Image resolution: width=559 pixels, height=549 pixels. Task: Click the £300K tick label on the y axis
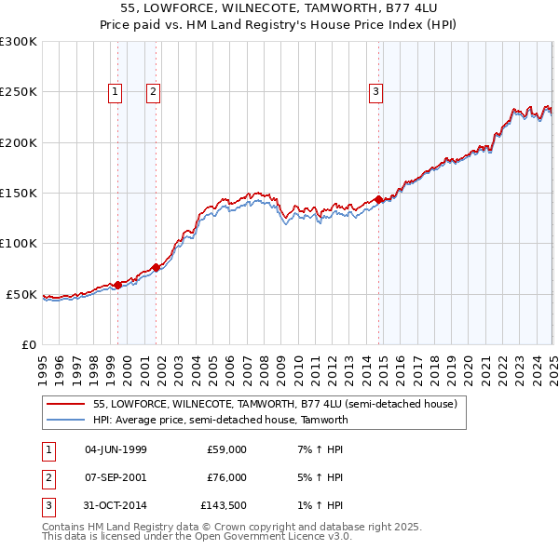click(19, 42)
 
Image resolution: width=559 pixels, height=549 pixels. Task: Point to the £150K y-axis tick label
click(19, 194)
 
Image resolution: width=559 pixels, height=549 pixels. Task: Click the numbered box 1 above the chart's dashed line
click(115, 91)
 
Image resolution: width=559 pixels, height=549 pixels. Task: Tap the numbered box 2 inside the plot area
click(152, 91)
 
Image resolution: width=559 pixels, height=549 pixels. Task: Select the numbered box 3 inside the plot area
click(375, 91)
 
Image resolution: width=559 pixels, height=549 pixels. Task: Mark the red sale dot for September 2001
click(156, 268)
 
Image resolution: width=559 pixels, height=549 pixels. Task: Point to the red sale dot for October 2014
click(379, 200)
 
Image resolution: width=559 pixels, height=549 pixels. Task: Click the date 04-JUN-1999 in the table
click(116, 449)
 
